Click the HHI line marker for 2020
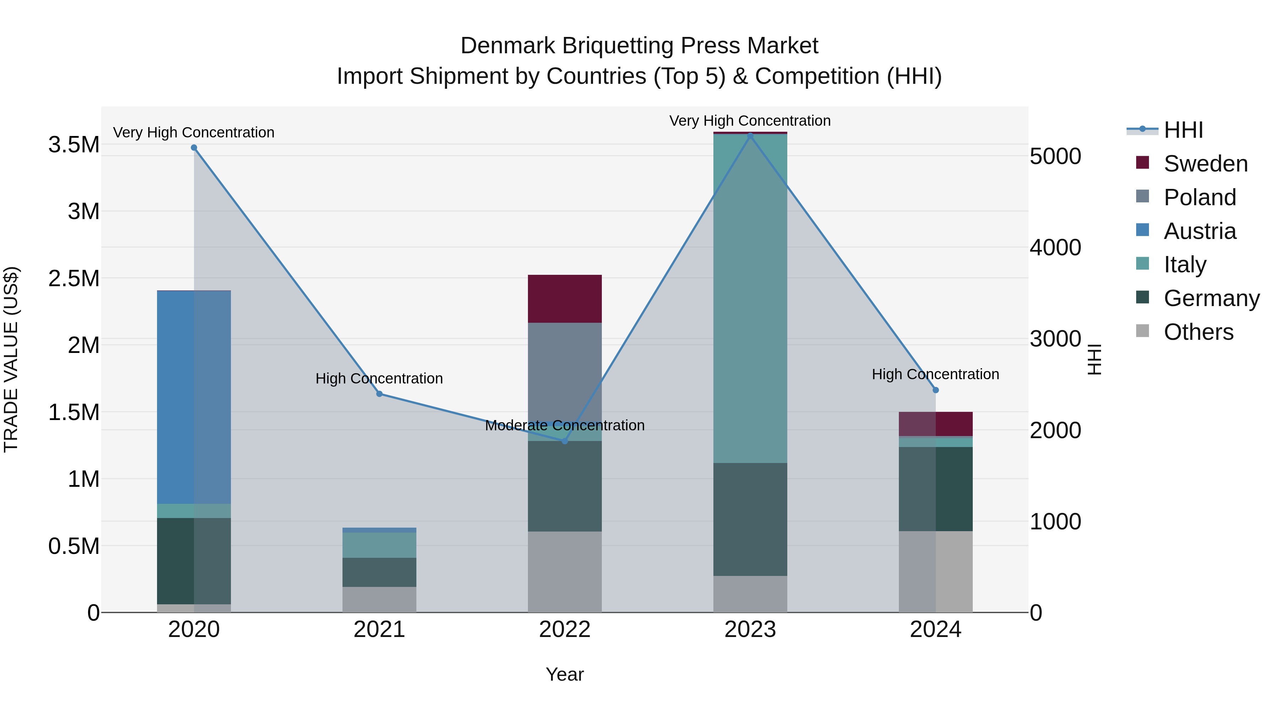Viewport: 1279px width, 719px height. pyautogui.click(x=194, y=148)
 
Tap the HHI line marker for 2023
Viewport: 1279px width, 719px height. pyautogui.click(x=750, y=136)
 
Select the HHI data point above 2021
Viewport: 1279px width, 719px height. pyautogui.click(x=379, y=394)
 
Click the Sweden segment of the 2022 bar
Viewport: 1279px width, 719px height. pyautogui.click(x=565, y=299)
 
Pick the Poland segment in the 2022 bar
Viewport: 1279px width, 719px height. pyautogui.click(x=565, y=372)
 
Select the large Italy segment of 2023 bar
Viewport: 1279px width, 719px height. pyautogui.click(x=750, y=298)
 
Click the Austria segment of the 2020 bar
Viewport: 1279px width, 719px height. pyautogui.click(x=194, y=397)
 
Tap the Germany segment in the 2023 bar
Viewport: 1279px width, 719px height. pyautogui.click(x=750, y=519)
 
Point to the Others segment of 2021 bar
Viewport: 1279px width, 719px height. pyautogui.click(x=379, y=599)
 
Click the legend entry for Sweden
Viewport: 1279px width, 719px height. pyautogui.click(x=1205, y=164)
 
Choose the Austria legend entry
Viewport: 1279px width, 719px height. pyautogui.click(x=1199, y=231)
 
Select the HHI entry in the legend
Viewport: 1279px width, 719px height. pyautogui.click(x=1183, y=130)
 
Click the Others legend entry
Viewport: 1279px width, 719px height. pyautogui.click(x=1198, y=332)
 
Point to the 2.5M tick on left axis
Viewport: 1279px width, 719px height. pyautogui.click(x=74, y=278)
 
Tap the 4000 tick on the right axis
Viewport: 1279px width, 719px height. pyautogui.click(x=1055, y=247)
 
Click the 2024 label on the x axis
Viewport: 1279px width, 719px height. pyautogui.click(x=935, y=629)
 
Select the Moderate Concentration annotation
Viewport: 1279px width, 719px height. pyautogui.click(x=565, y=425)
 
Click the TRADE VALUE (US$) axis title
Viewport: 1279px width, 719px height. pyautogui.click(x=11, y=359)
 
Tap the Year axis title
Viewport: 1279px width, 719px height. pyautogui.click(x=565, y=674)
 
